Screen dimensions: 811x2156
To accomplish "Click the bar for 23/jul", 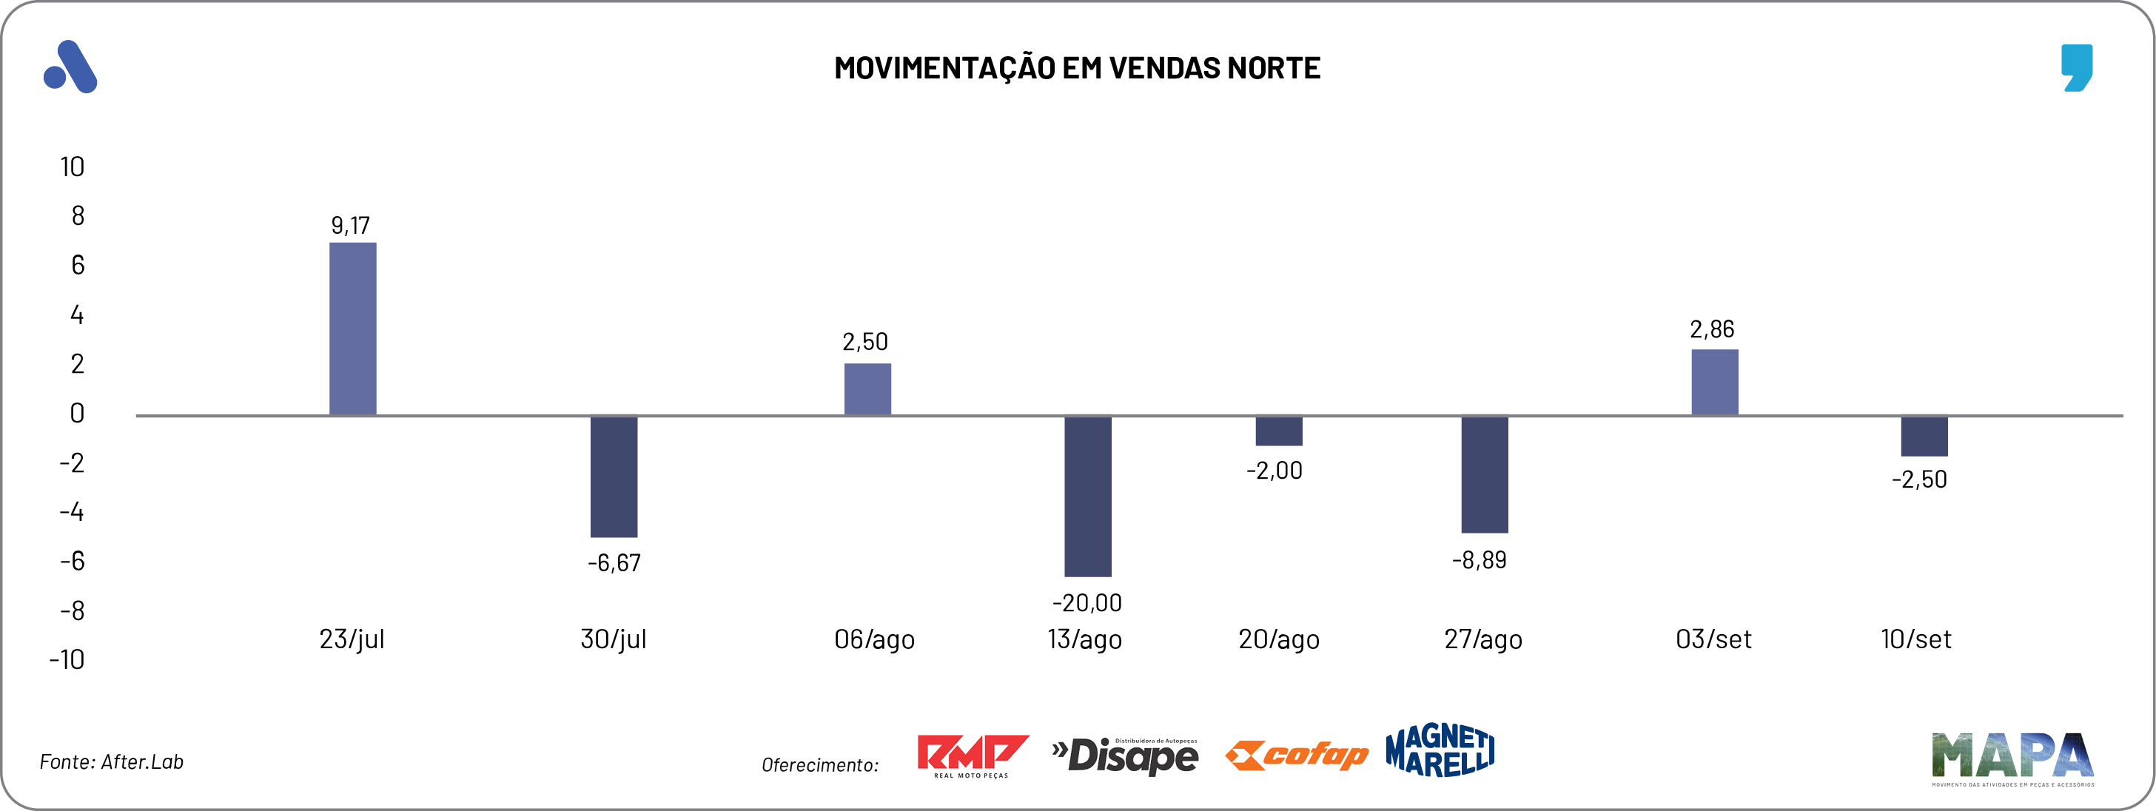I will pos(352,329).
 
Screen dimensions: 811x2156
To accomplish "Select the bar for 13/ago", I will pos(1087,496).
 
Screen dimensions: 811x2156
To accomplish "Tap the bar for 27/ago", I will pos(1484,474).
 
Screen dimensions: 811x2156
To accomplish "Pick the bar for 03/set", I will pos(1714,383).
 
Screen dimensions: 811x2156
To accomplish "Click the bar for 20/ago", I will pos(1278,431).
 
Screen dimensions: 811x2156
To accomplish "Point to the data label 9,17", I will pos(350,225).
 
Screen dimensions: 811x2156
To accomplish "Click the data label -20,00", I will pos(1087,602).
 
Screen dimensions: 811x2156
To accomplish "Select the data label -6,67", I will pos(614,562).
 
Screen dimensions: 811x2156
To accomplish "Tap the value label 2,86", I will pos(1712,329).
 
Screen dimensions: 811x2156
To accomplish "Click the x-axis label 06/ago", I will pos(874,639).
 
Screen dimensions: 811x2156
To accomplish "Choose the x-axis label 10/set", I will pos(1915,639).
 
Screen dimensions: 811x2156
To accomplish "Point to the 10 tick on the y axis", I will pos(72,166).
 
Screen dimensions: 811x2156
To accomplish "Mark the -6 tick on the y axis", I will pos(72,561).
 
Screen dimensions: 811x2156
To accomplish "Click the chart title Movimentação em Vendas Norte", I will pos(1077,68).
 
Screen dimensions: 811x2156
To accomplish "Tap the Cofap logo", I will pos(1296,755).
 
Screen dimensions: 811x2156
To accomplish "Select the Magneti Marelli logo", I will pos(1440,750).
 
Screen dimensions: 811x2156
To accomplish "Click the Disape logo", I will pos(1125,756).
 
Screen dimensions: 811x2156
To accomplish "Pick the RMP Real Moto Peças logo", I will pos(972,756).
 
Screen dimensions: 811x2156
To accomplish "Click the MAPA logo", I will pos(2012,758).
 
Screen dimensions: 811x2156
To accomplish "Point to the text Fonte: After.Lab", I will pos(111,761).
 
